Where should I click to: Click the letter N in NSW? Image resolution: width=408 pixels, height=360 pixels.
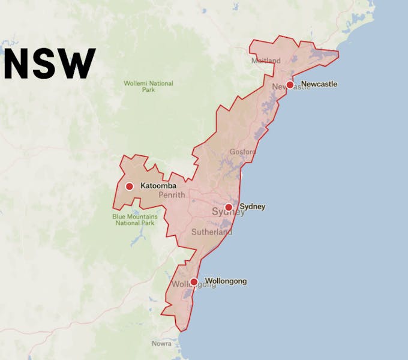[18, 63]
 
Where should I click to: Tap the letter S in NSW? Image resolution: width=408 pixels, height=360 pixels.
[47, 63]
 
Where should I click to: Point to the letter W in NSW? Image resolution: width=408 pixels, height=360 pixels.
[78, 63]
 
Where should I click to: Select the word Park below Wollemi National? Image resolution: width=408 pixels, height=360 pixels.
[148, 90]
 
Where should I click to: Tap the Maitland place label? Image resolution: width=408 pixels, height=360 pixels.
[266, 61]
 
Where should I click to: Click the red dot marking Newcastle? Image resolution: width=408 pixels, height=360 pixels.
[290, 85]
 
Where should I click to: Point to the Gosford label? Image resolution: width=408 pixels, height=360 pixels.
[242, 152]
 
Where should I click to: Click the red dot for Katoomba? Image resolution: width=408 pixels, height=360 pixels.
[129, 186]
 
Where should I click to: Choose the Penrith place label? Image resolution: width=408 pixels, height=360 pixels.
[172, 195]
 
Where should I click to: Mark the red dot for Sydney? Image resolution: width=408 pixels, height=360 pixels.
[229, 207]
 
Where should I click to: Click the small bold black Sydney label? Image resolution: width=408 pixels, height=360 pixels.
[252, 207]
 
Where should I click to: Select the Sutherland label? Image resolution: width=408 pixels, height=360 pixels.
[211, 232]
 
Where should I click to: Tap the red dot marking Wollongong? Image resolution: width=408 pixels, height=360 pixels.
[194, 281]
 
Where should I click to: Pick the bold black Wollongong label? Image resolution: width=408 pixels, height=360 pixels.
[226, 281]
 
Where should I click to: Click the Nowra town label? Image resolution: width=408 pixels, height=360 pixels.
[161, 344]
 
